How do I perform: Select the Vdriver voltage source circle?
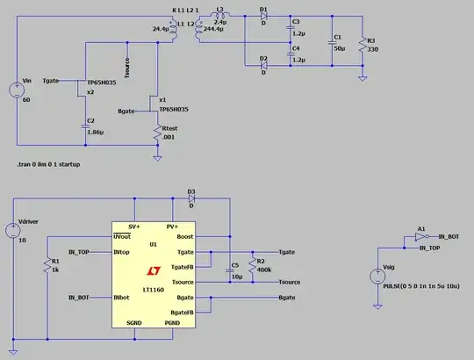coord(14,231)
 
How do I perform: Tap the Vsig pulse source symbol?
coord(377,270)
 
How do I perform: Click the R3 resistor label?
coord(370,40)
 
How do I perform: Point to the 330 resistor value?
coord(373,50)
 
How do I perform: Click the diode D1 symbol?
coord(264,16)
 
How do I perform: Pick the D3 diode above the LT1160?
coord(190,198)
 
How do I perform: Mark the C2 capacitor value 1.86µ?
coord(95,132)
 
